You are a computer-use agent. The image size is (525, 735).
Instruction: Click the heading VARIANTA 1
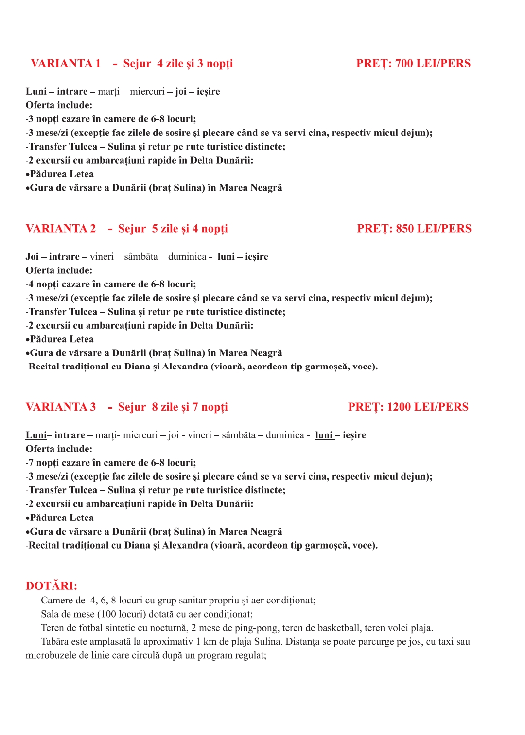(66, 64)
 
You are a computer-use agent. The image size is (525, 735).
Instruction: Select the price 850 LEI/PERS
(434, 229)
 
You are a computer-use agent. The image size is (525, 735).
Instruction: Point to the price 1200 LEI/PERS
(428, 407)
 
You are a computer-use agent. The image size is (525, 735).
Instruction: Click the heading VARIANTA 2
(61, 229)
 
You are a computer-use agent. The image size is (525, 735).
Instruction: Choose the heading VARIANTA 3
(61, 407)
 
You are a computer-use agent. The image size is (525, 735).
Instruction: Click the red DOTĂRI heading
(52, 586)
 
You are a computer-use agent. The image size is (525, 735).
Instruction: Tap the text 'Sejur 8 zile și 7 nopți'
(173, 407)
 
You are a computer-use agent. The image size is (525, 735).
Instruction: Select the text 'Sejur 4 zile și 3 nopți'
(178, 64)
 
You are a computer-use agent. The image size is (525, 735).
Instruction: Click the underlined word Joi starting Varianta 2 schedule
(32, 257)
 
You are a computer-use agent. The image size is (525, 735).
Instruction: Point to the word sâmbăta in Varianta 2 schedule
(141, 257)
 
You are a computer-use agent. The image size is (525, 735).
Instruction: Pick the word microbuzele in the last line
(51, 655)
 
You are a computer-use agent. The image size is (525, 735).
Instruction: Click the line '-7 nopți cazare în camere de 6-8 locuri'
(111, 463)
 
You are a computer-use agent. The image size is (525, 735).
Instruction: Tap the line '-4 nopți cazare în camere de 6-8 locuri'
(111, 284)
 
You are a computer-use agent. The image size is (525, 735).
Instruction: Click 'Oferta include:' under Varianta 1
(59, 105)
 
